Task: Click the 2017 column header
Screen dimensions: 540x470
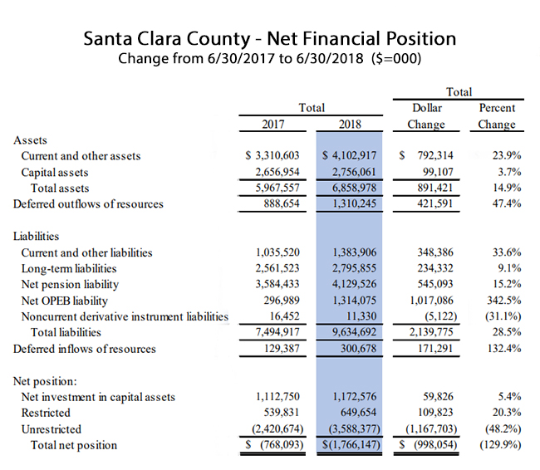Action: pyautogui.click(x=273, y=124)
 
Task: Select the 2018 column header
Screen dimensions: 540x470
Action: pyautogui.click(x=350, y=124)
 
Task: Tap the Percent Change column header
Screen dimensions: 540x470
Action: pyautogui.click(x=497, y=116)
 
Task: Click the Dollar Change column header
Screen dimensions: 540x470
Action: pyautogui.click(x=426, y=116)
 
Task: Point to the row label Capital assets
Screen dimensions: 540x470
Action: pyautogui.click(x=55, y=172)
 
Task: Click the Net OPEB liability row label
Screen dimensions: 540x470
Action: pyautogui.click(x=65, y=301)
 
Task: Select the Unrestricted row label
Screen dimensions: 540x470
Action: pyautogui.click(x=52, y=429)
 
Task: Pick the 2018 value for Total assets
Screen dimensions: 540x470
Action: pyautogui.click(x=354, y=188)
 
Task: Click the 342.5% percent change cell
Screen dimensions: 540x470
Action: pyautogui.click(x=503, y=301)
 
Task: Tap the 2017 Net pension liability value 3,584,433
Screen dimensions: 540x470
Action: pyautogui.click(x=277, y=284)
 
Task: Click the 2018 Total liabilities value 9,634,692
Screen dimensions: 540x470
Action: pyautogui.click(x=354, y=332)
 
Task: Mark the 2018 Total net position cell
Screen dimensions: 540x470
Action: pyautogui.click(x=351, y=445)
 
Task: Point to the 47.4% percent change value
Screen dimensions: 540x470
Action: pyautogui.click(x=507, y=203)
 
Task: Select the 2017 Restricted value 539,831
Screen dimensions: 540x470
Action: pyautogui.click(x=282, y=413)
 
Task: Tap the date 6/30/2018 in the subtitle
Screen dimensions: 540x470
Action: pyautogui.click(x=330, y=58)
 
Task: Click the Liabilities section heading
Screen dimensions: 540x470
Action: pyautogui.click(x=37, y=236)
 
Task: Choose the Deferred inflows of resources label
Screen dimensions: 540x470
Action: pyautogui.click(x=85, y=349)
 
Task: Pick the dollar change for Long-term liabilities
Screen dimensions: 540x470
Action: pyautogui.click(x=435, y=268)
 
